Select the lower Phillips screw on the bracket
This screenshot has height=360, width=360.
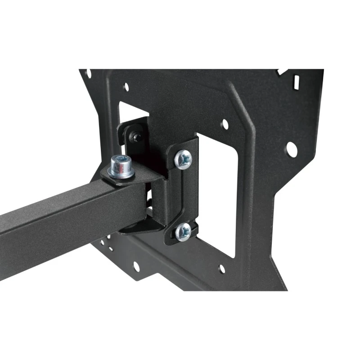point(184,232)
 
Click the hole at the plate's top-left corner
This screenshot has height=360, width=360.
point(89,73)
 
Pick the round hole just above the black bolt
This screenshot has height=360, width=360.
point(126,87)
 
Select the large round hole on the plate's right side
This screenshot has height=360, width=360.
point(291,149)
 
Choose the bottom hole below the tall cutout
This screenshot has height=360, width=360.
point(221,269)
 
